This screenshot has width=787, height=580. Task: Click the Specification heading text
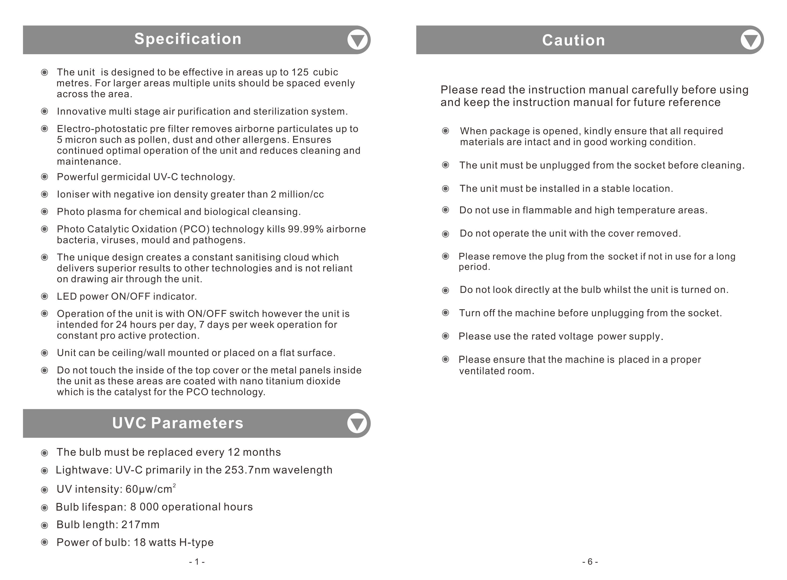tap(188, 39)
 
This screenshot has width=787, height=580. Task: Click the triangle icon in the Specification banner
tap(357, 40)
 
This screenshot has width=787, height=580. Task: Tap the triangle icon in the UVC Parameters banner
tap(357, 424)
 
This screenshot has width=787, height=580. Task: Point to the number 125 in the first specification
tap(300, 72)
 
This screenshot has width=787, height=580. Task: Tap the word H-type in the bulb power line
tap(196, 542)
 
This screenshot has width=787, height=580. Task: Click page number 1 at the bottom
tap(197, 562)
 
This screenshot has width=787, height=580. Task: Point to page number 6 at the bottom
tap(590, 562)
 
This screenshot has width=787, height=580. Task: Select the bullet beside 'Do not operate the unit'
tap(445, 234)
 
